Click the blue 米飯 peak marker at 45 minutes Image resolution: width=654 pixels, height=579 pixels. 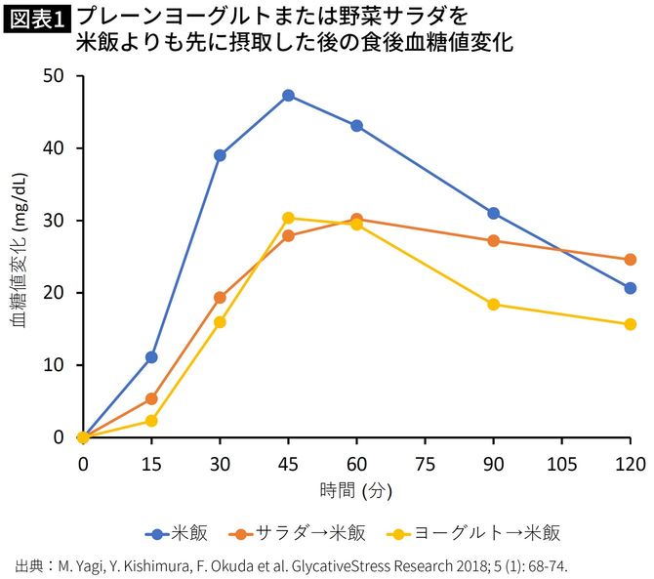288,96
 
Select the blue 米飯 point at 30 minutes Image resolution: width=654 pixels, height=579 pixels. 220,155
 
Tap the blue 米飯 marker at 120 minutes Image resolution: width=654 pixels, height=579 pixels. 630,288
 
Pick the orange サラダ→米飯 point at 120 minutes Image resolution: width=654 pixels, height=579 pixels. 630,260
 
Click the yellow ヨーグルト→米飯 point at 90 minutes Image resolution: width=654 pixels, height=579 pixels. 493,305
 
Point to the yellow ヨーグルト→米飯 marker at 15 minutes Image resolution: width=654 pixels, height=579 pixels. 151,421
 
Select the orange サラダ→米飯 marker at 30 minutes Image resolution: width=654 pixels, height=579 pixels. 220,298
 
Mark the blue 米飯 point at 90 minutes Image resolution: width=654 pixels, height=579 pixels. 493,213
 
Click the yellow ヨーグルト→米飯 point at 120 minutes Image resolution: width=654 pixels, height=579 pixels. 630,324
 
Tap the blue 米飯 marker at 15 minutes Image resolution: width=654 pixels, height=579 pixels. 151,357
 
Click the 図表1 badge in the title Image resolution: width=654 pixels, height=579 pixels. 36,19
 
